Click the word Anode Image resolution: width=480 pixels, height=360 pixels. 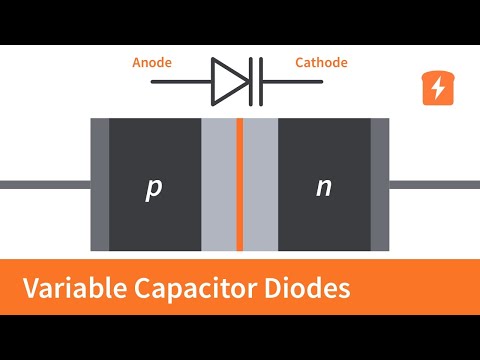point(152,63)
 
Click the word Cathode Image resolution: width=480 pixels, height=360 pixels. point(321,63)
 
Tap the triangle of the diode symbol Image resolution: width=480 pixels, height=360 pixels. point(230,81)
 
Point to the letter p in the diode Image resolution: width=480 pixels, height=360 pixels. point(153,188)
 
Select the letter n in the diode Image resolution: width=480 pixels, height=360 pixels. point(323,187)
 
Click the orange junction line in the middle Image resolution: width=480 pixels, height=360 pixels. point(240,185)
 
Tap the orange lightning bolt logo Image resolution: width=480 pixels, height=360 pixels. point(437,88)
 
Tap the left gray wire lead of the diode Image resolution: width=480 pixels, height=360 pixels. point(45,185)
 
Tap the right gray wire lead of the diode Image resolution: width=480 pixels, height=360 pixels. point(434,185)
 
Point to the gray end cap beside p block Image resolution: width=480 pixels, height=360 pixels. point(99,185)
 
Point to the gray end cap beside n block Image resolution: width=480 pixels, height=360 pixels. point(379,185)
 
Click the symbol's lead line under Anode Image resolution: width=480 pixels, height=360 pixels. point(180,81)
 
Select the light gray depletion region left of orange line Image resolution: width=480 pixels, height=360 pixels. point(218,185)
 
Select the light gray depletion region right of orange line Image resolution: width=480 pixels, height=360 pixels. point(261,185)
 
